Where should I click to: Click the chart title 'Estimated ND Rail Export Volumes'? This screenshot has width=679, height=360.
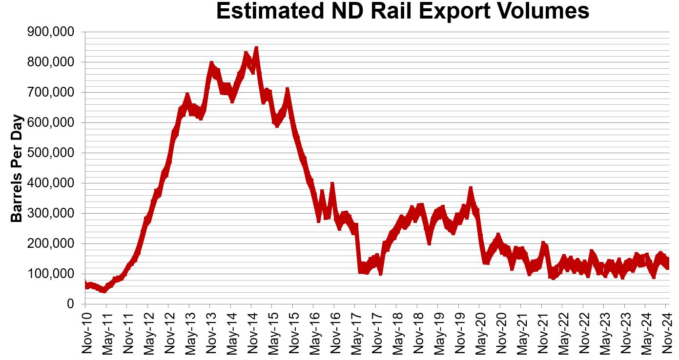click(x=402, y=12)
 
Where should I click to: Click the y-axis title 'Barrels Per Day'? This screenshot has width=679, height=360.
click(x=17, y=168)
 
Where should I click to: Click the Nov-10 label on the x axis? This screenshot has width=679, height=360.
click(x=85, y=331)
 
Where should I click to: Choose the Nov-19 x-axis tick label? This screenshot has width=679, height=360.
click(x=459, y=331)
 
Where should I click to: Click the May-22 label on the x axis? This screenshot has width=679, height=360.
click(x=562, y=331)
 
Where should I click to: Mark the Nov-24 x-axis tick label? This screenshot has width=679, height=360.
click(x=666, y=331)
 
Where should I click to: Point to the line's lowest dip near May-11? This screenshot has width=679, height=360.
click(x=103, y=290)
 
